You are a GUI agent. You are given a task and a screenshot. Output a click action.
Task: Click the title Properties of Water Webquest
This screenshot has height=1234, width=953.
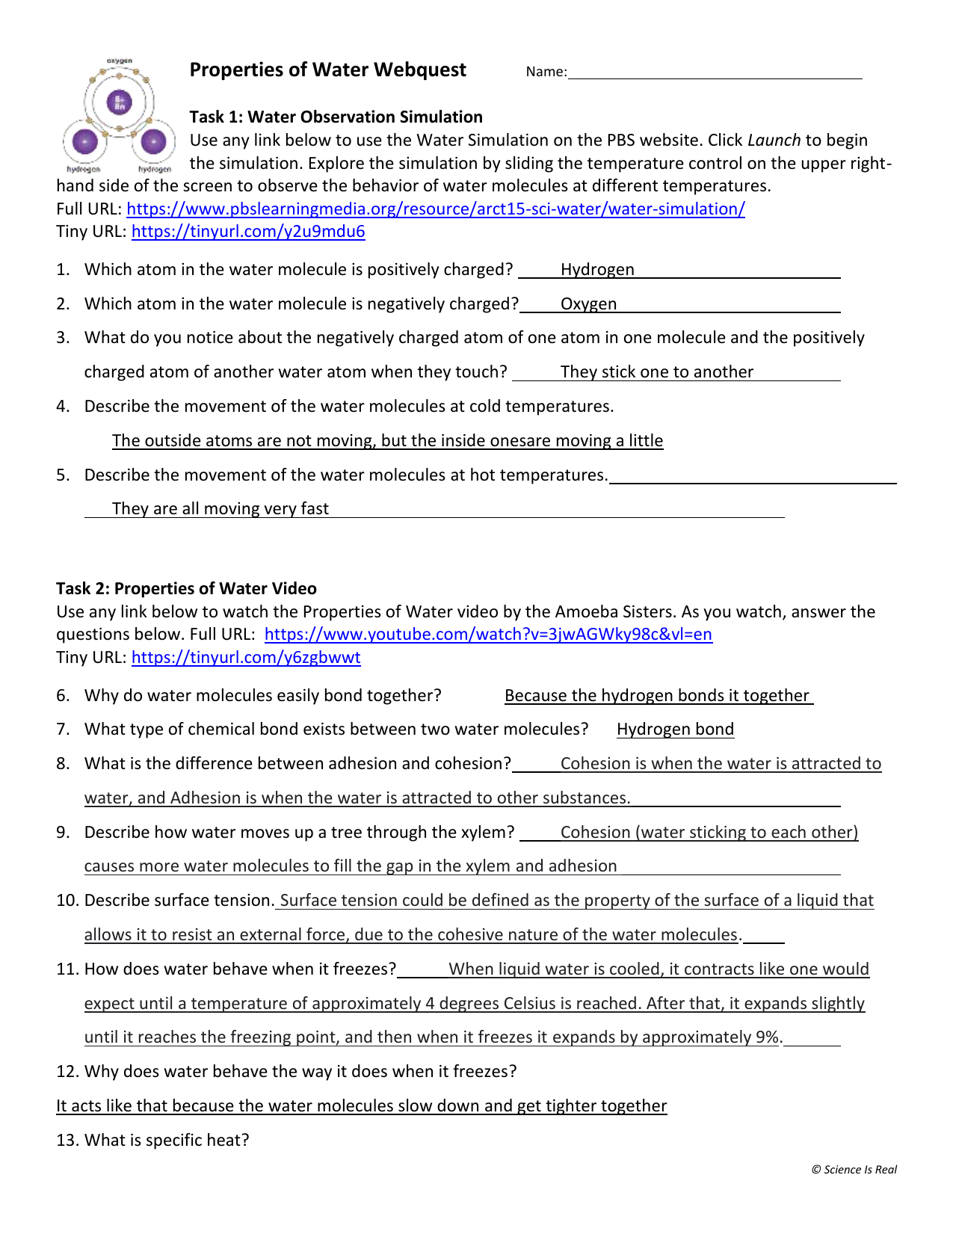point(327,70)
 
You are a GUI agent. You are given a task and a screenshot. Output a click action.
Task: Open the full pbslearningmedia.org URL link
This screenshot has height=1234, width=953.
point(435,209)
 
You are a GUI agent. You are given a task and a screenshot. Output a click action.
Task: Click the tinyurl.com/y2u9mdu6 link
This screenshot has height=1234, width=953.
point(248,232)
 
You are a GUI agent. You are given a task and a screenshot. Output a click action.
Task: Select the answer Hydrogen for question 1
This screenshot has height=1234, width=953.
point(597,270)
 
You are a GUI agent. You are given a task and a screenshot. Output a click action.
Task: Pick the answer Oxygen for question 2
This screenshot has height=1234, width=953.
point(588,304)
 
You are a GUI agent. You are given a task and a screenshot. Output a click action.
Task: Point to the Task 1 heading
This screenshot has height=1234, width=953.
point(336,117)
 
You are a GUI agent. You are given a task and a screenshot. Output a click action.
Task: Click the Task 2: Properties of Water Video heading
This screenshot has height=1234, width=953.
point(186,589)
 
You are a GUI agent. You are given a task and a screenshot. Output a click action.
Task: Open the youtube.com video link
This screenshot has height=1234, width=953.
point(488,635)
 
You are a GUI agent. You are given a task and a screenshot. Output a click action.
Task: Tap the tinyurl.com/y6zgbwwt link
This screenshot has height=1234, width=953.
point(246,658)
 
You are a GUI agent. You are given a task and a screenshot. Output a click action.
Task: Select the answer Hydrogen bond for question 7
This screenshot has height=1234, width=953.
point(675,729)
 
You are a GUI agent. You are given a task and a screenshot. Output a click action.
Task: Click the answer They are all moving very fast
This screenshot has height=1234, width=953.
point(220,509)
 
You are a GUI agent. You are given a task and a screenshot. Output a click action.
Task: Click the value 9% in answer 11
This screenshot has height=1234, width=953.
point(767,1037)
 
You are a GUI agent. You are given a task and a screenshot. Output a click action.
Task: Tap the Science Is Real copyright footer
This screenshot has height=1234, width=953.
point(854,1170)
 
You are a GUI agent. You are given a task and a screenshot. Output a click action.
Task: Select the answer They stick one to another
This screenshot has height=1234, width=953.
point(656,372)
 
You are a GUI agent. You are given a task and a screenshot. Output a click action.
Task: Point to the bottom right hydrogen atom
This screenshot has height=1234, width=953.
point(153,141)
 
